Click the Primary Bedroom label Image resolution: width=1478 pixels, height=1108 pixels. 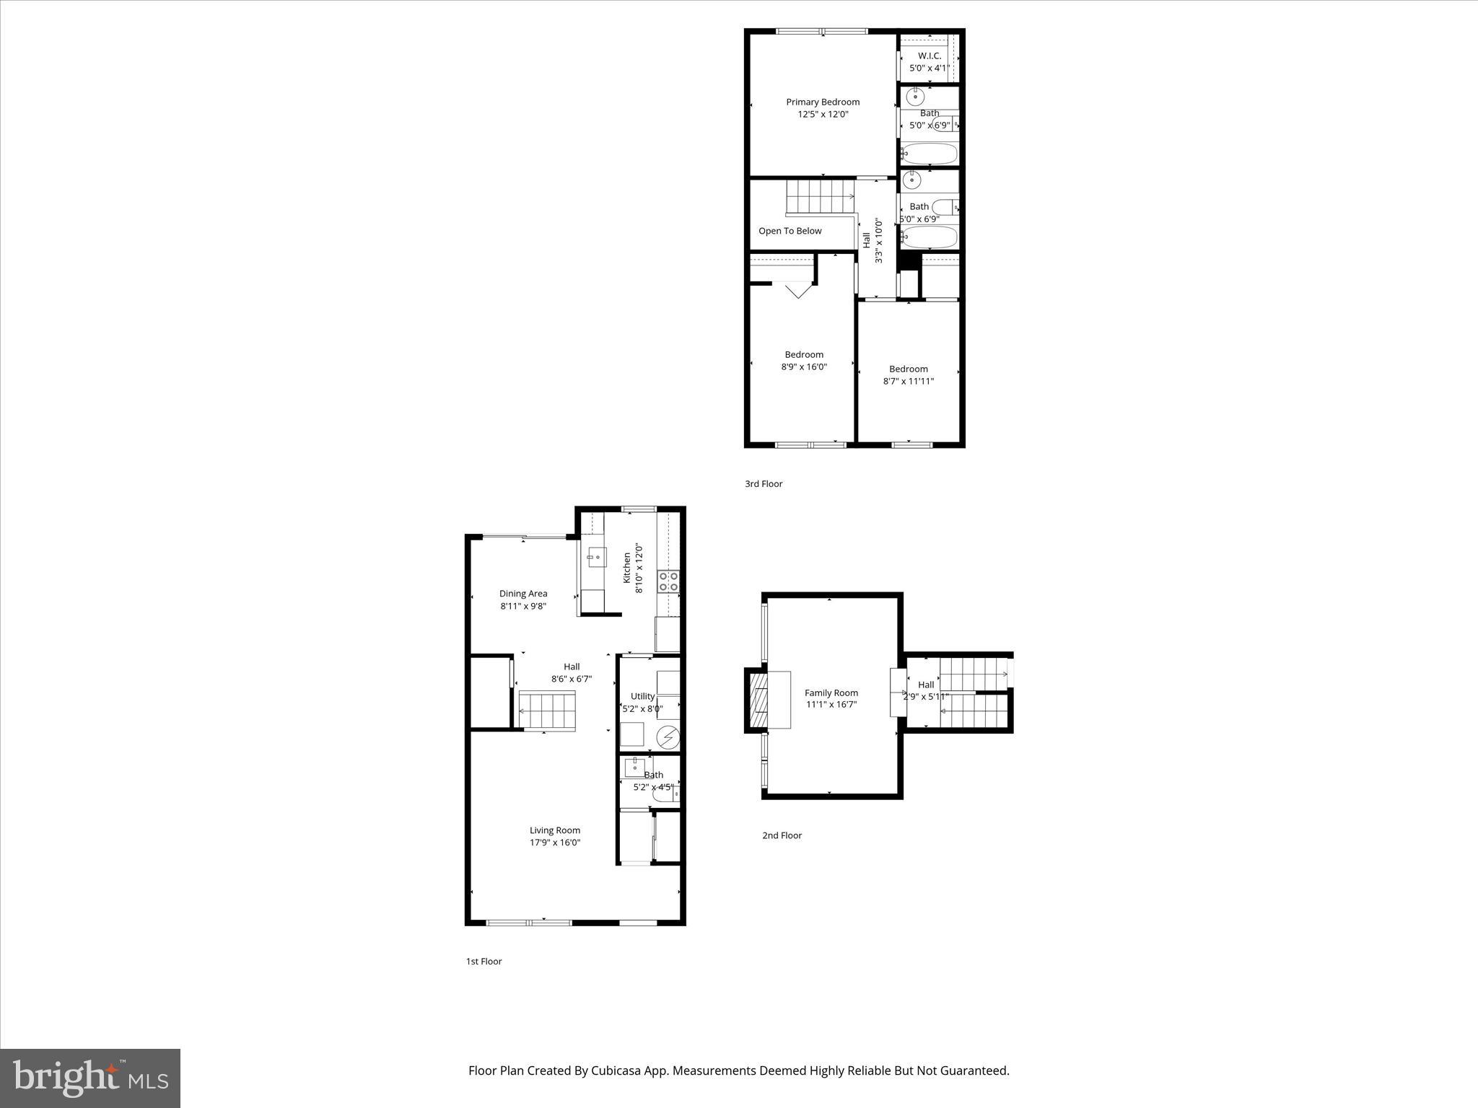coord(823,102)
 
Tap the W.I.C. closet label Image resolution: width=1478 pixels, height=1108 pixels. coord(930,56)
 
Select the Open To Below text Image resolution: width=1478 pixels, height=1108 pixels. coord(790,231)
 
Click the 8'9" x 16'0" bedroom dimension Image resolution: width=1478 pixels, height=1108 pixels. coord(804,366)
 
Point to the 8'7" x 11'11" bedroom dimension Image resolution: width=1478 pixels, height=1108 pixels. coord(908,381)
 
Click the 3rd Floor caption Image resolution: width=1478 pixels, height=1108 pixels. coord(764,484)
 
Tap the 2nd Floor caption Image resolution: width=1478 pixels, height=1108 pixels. coord(782,835)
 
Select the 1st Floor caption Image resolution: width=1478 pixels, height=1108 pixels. coord(484,961)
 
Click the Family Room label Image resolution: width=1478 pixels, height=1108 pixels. coord(831,692)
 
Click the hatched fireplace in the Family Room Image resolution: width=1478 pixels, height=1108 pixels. coord(758,700)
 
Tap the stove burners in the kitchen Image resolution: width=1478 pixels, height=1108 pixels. coord(668,581)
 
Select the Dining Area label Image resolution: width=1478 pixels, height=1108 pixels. coord(523,594)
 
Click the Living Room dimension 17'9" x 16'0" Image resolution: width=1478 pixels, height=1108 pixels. coord(554,843)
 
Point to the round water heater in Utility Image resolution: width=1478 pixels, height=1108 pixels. coord(668,737)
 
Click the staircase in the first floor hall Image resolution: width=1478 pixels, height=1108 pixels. coord(548,710)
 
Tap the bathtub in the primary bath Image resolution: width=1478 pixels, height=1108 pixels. coord(929,154)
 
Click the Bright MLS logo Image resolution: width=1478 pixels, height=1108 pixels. coord(90,1078)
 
